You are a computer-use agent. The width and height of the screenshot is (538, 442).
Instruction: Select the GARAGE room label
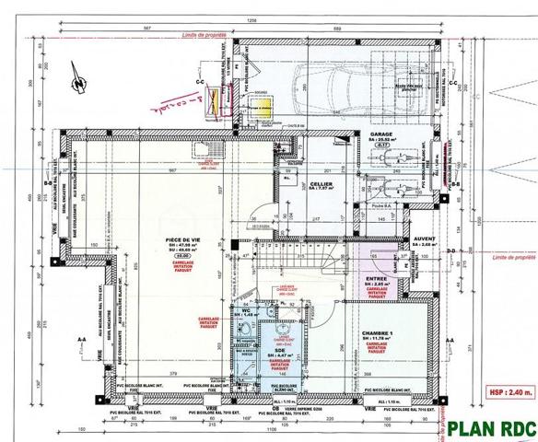tap(381, 134)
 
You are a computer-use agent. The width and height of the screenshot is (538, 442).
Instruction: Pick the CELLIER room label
tap(321, 183)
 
